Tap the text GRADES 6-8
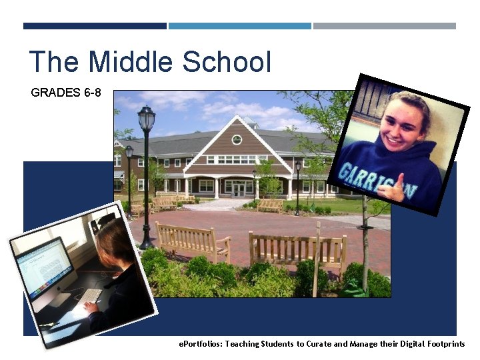pyautogui.click(x=66, y=93)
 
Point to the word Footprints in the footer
pyautogui.click(x=445, y=344)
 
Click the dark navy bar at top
pyautogui.click(x=95, y=26)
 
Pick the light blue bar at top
pyautogui.click(x=239, y=26)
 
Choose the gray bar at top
pyautogui.click(x=384, y=26)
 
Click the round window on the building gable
pyautogui.click(x=237, y=139)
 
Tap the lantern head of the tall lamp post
pyautogui.click(x=146, y=119)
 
